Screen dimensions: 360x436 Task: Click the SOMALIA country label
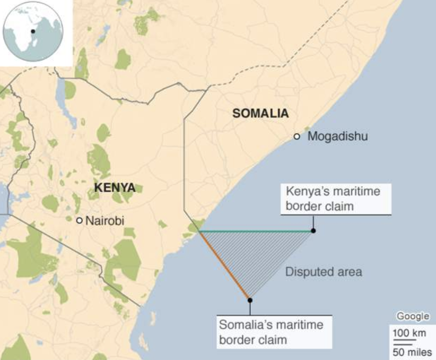coord(260,113)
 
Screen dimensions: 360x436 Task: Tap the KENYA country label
coord(115,187)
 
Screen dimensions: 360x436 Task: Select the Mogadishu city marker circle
coord(297,136)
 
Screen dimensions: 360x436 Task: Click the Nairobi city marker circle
coord(79,220)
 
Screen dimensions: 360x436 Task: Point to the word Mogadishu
coord(338,136)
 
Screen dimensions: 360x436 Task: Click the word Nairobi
coord(105,220)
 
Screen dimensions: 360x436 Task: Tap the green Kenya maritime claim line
coord(255,231)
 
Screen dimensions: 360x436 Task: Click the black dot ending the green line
coord(313,231)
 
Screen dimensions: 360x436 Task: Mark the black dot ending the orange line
coord(250,300)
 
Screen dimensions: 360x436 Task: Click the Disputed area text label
coord(324,272)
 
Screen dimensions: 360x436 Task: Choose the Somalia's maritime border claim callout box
coord(274,332)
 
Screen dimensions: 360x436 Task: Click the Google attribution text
coord(412,316)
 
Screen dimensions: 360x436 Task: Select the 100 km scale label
coord(409,333)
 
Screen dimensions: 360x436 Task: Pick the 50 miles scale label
coord(412,352)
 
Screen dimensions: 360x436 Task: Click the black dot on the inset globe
coord(33,31)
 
